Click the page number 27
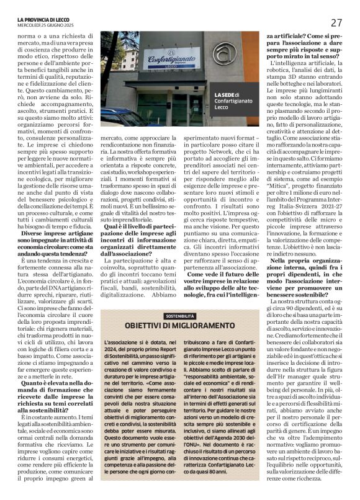coord(336,23)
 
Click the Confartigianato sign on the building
coord(163,59)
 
